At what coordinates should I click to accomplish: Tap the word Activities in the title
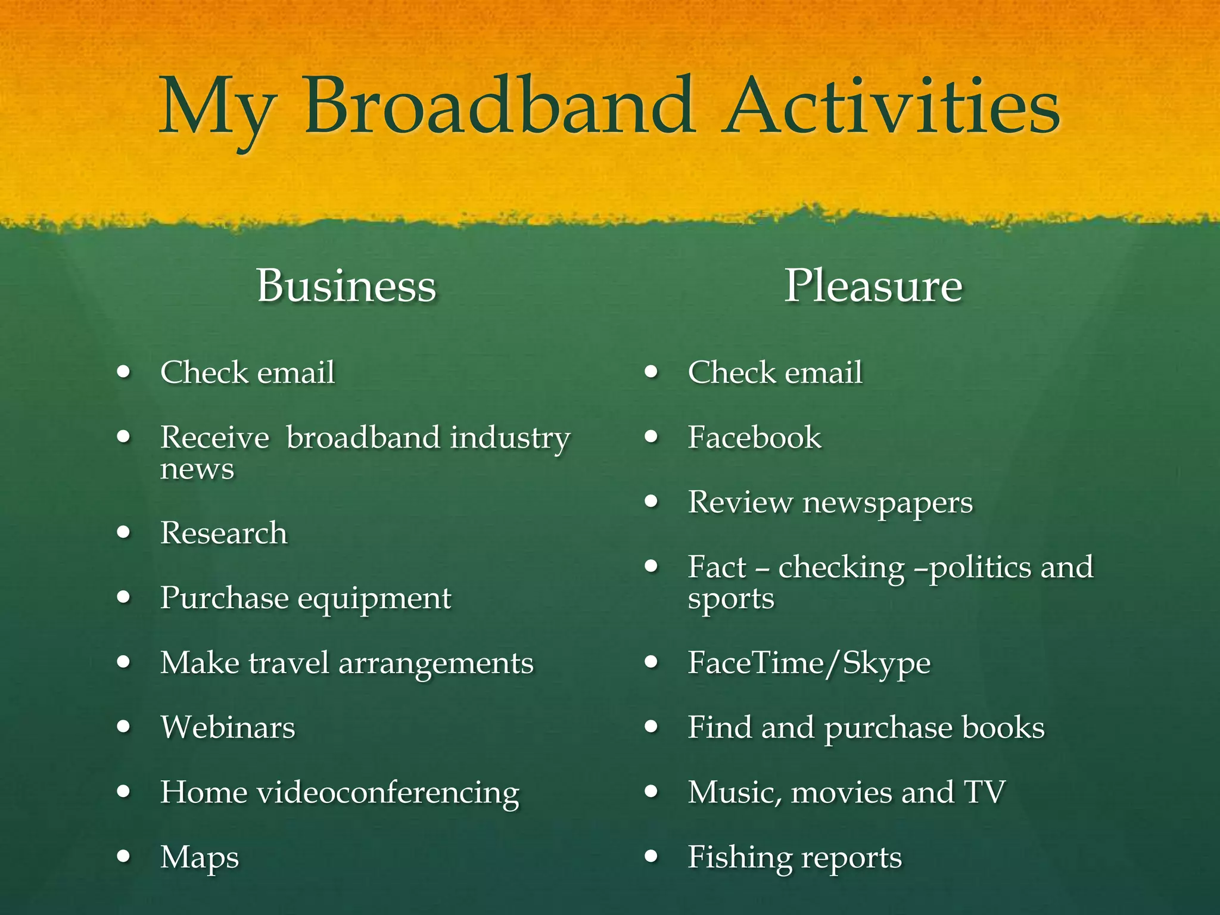point(892,107)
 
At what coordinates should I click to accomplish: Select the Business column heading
point(347,286)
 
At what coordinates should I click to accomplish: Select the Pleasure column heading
point(873,286)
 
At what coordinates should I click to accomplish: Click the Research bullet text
point(224,533)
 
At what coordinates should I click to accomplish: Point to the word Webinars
point(228,727)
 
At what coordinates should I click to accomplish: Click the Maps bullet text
point(200,858)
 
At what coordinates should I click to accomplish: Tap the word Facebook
point(754,437)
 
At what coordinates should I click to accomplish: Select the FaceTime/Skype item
point(809,663)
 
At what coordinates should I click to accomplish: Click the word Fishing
point(739,858)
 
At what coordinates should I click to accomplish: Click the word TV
point(984,792)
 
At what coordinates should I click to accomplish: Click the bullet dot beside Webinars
point(124,727)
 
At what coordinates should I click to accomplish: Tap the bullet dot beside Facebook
point(652,437)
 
